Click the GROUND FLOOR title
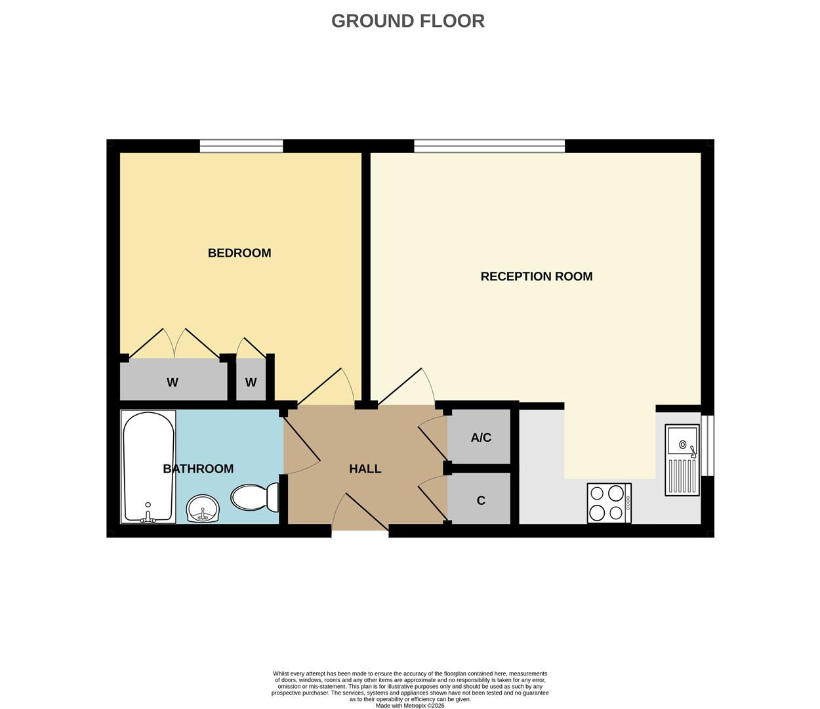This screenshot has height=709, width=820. click(407, 21)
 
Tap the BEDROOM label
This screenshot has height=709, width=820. click(239, 253)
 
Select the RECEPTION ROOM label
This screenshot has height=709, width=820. click(536, 276)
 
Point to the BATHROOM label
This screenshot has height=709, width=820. click(198, 469)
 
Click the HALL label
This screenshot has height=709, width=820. click(365, 469)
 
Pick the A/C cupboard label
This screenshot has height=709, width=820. click(481, 437)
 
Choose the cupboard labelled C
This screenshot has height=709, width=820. click(481, 500)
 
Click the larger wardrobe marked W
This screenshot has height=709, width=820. click(173, 382)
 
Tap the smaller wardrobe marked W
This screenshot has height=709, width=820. click(251, 382)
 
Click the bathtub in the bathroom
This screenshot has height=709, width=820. click(148, 467)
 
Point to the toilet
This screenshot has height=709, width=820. click(255, 498)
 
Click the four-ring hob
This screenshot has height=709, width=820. click(609, 504)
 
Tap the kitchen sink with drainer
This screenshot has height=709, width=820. click(682, 460)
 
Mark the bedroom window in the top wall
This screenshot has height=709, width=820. click(241, 146)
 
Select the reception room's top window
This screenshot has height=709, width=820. click(489, 146)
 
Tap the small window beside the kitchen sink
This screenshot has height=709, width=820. click(708, 445)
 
